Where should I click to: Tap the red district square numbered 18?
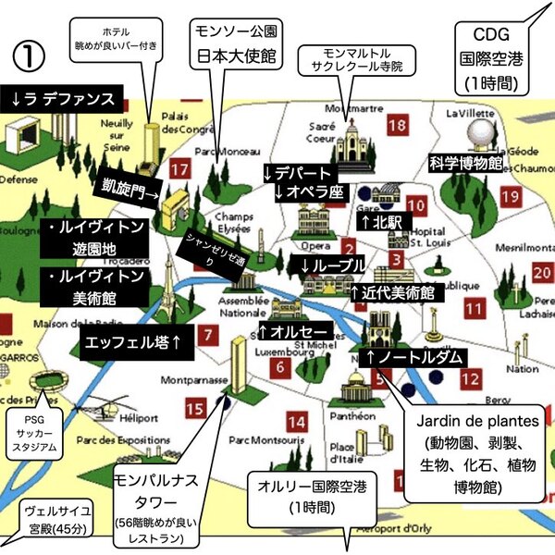coord(398,126)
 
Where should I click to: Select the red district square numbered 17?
coord(180,169)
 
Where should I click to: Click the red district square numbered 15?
coord(194,408)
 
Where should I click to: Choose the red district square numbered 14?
coord(296,423)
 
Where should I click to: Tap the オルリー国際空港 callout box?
coord(302,499)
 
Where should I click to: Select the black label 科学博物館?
coord(466,163)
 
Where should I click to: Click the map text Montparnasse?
coord(160,379)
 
